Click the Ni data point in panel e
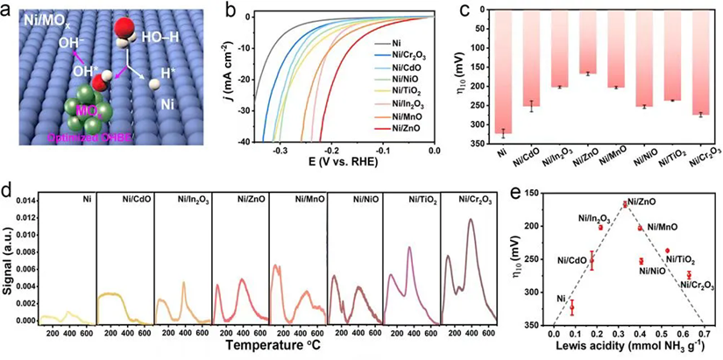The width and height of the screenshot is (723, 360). pos(572,307)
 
